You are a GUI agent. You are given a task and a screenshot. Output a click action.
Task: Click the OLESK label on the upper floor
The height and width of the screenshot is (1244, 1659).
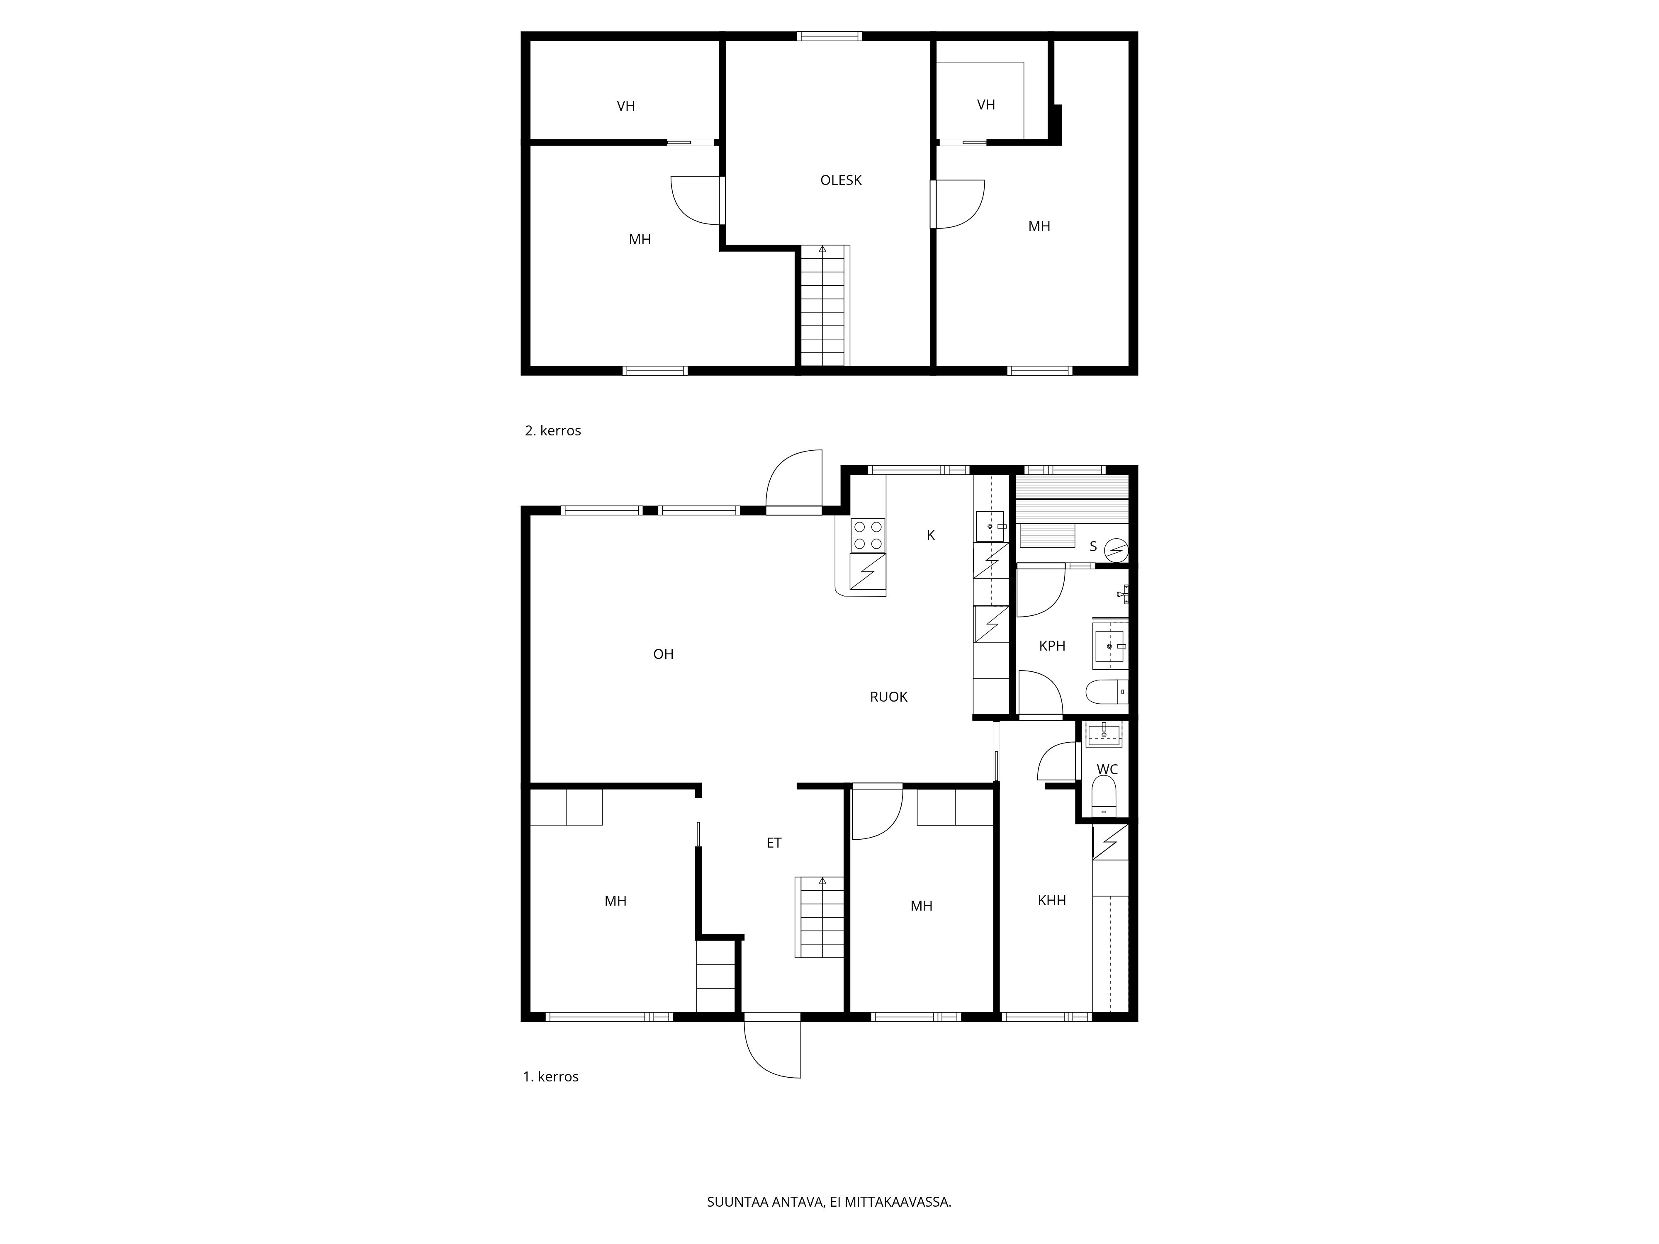coord(841,180)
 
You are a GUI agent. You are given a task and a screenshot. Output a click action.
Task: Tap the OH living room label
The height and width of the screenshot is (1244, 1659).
coord(663,654)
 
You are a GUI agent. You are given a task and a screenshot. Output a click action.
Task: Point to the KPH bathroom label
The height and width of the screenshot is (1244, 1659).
coord(1051,646)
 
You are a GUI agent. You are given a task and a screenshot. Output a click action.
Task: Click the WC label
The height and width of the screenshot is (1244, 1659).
coord(1107,769)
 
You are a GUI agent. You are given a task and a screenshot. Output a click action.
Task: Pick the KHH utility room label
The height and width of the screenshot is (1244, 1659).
coord(1051,901)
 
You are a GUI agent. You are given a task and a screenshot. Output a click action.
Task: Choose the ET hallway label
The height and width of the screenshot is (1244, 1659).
coord(774,843)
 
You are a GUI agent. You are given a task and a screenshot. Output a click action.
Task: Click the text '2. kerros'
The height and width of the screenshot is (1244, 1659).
coord(553,430)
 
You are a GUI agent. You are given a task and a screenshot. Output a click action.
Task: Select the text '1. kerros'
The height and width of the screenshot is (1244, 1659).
coord(550,1076)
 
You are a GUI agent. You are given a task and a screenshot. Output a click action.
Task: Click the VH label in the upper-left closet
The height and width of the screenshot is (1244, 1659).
coord(625,106)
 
